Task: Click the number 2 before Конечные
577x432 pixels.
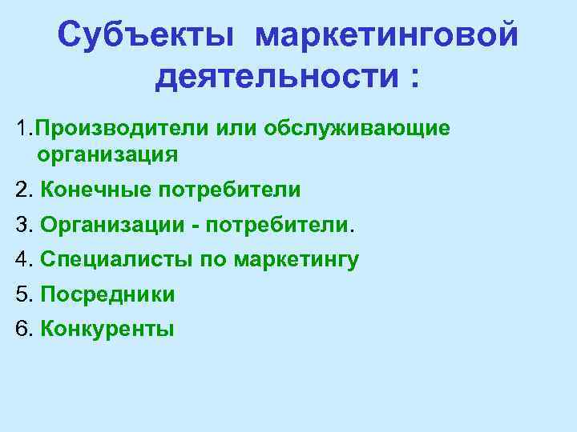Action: (21, 190)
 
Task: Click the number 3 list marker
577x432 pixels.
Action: (21, 225)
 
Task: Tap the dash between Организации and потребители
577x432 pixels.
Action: (196, 226)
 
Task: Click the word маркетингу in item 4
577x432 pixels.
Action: (297, 260)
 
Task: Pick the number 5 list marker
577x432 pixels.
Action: (21, 294)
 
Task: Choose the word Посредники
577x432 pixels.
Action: (107, 294)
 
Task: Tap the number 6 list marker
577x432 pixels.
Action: (21, 329)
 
